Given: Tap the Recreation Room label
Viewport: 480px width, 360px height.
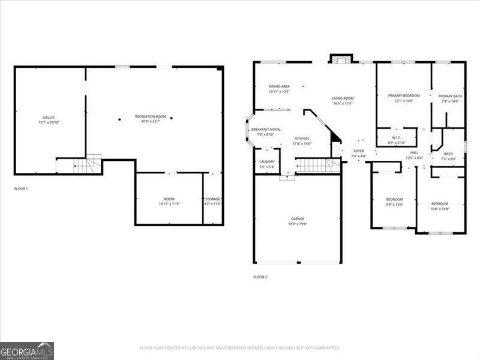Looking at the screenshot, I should pyautogui.click(x=151, y=119).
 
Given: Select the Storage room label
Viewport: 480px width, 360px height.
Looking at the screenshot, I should pyautogui.click(x=213, y=201).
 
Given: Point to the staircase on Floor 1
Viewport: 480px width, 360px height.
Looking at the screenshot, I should pyautogui.click(x=88, y=164).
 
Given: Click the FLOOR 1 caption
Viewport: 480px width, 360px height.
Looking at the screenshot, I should pyautogui.click(x=21, y=189).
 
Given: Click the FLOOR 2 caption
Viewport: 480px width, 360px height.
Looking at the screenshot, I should pyautogui.click(x=260, y=277).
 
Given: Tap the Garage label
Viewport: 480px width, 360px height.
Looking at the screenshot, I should pyautogui.click(x=298, y=221).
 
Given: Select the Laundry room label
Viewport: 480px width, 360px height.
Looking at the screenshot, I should pyautogui.click(x=267, y=164).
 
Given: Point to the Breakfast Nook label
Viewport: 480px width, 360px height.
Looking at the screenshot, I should pyautogui.click(x=265, y=132).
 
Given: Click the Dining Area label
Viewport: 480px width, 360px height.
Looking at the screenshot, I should pyautogui.click(x=279, y=89).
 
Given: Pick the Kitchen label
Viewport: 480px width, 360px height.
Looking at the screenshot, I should pyautogui.click(x=302, y=141).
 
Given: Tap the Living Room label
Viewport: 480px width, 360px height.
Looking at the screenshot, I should pyautogui.click(x=343, y=101).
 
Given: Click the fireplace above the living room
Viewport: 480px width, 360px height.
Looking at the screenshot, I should pyautogui.click(x=340, y=58).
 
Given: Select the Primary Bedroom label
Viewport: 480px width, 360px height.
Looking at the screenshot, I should pyautogui.click(x=403, y=98).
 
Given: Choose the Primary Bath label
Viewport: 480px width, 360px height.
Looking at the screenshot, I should pyautogui.click(x=449, y=98).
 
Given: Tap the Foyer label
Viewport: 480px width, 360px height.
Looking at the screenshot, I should pyautogui.click(x=359, y=154).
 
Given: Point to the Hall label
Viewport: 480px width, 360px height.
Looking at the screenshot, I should pyautogui.click(x=415, y=155).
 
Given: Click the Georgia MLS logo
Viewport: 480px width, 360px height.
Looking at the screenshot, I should pyautogui.click(x=27, y=350).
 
